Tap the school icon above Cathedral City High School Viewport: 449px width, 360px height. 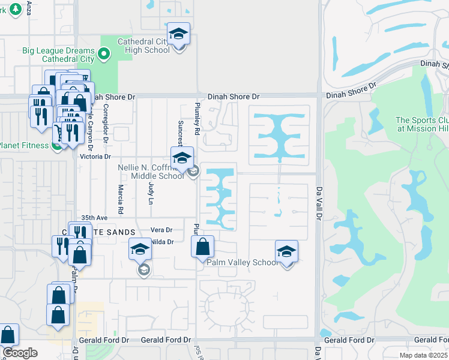178,34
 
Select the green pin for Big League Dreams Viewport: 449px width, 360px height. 104,54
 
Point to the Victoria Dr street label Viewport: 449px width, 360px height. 96,157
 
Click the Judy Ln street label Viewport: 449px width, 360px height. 151,193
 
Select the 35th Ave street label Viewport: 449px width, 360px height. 94,218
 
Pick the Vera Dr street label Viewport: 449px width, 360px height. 161,230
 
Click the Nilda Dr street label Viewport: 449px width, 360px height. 162,242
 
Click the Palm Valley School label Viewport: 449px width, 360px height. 242,263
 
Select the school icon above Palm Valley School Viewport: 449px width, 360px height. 286,252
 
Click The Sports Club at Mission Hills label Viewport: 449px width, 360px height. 422,124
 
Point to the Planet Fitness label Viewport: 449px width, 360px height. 24,145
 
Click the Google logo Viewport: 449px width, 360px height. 20,353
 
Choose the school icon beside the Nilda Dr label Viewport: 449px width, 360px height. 140,250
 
